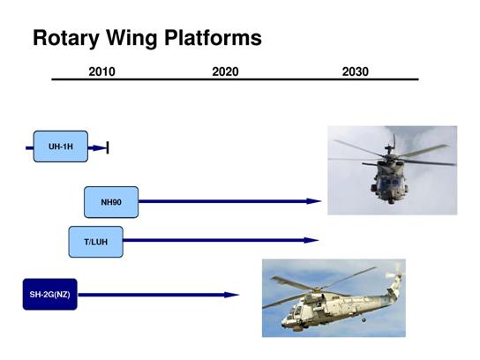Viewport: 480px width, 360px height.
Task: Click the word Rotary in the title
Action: pyautogui.click(x=65, y=38)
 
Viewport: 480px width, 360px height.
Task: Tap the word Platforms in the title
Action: pyautogui.click(x=213, y=37)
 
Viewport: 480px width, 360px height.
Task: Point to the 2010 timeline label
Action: pyautogui.click(x=102, y=71)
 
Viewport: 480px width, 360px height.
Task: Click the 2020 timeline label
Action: pyautogui.click(x=225, y=71)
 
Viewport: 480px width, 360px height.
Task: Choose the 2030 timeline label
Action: pyautogui.click(x=355, y=71)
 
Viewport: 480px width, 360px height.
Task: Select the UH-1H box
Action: pyautogui.click(x=61, y=146)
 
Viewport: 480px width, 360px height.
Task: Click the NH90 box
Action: pyautogui.click(x=111, y=202)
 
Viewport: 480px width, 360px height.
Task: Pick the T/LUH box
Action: pyautogui.click(x=96, y=242)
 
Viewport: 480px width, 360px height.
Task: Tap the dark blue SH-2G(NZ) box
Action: pyautogui.click(x=50, y=294)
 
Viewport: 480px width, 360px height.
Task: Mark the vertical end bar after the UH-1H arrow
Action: pyautogui.click(x=108, y=147)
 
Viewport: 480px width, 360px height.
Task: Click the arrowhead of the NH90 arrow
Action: pyautogui.click(x=314, y=201)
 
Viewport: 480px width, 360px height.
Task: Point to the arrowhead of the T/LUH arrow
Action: pyautogui.click(x=311, y=240)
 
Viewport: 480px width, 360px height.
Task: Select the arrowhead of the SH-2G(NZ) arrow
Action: pyautogui.click(x=231, y=295)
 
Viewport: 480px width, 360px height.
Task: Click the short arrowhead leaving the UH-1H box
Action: pyautogui.click(x=100, y=148)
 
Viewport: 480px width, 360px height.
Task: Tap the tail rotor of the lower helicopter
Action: pyautogui.click(x=395, y=272)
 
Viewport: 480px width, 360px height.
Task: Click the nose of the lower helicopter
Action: pyautogui.click(x=284, y=322)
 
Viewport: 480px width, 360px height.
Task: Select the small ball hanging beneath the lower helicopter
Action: pyautogui.click(x=364, y=320)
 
